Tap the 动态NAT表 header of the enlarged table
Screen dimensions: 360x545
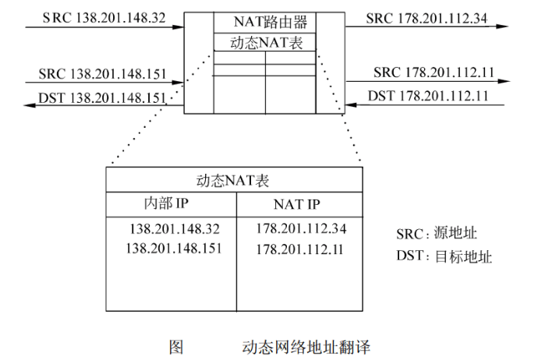(236, 181)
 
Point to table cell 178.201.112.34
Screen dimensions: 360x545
(300, 230)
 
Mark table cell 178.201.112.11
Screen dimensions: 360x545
(300, 249)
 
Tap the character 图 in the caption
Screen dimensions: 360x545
(175, 345)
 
